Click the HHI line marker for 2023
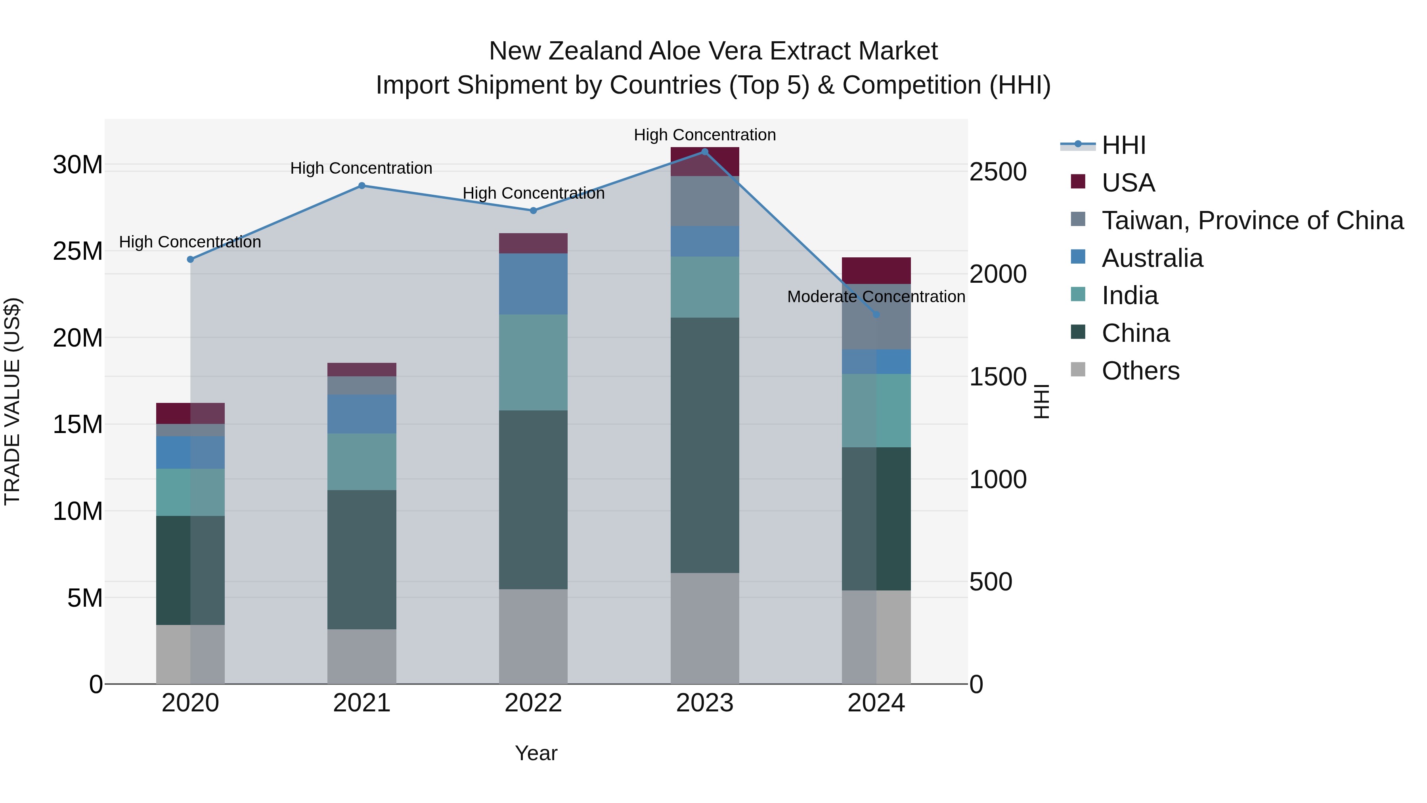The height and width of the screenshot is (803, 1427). tap(705, 152)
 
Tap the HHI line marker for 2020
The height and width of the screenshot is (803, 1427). tap(191, 259)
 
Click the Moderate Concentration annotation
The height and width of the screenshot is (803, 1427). tap(876, 297)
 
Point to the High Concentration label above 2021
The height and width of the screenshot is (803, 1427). tap(361, 169)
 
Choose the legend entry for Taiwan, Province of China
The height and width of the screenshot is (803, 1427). tap(1252, 220)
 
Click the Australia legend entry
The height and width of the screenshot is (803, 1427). tap(1152, 258)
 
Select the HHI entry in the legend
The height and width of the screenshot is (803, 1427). tap(1123, 145)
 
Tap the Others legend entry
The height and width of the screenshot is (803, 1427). tap(1140, 371)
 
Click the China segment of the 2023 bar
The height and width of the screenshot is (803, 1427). tap(705, 445)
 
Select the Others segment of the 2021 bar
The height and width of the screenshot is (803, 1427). tap(362, 656)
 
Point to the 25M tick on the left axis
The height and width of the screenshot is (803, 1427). tap(78, 251)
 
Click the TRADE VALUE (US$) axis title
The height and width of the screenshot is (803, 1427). tap(12, 401)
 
